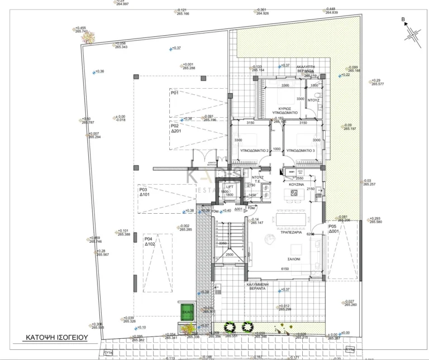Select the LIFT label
tap(229, 187)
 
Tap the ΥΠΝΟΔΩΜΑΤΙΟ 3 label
tap(301, 151)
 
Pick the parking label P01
tap(174, 93)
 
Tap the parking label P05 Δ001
tap(333, 229)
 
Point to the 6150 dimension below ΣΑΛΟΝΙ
tap(285, 270)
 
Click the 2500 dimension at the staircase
tap(230, 255)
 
